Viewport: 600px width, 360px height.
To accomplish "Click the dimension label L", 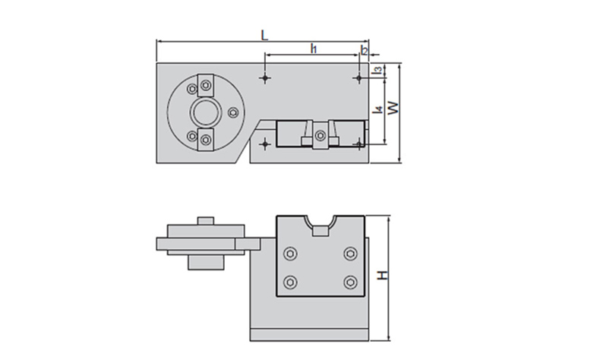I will [x=264, y=34].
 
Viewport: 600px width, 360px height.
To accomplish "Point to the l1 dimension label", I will [x=314, y=49].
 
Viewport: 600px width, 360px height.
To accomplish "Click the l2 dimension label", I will [x=365, y=50].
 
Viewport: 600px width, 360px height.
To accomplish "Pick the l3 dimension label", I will [x=377, y=71].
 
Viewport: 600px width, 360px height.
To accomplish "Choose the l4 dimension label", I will [x=376, y=111].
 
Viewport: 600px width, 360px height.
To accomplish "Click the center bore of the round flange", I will [x=204, y=113].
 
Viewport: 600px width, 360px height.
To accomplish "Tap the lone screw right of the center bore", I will [x=233, y=114].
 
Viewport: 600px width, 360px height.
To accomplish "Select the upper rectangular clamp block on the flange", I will [x=207, y=85].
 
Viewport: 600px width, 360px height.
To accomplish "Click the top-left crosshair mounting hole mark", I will [x=264, y=77].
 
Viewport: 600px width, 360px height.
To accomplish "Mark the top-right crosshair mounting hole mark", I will [x=358, y=77].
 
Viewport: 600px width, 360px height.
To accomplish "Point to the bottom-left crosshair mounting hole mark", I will [x=264, y=144].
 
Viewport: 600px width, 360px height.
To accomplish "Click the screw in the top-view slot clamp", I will [x=321, y=136].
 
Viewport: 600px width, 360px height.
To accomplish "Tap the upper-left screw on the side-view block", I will [x=289, y=253].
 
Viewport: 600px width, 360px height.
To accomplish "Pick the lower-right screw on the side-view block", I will [x=349, y=283].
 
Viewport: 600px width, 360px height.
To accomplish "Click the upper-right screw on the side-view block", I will [x=349, y=253].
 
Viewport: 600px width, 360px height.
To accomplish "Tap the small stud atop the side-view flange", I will [x=204, y=220].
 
